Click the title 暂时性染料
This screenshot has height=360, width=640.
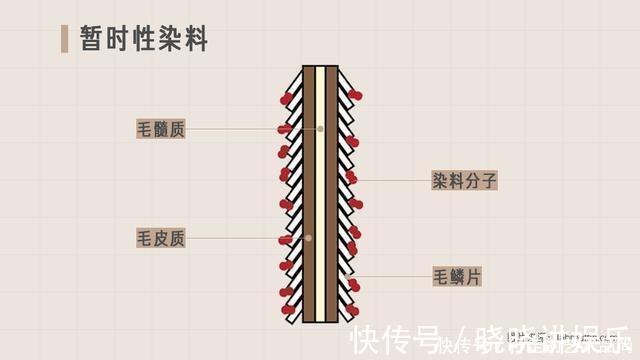[139, 39]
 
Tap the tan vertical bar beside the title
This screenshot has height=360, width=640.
[65, 39]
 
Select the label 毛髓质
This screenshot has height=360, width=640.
[161, 129]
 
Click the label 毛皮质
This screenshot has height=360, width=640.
[161, 238]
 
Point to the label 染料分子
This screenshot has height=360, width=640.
[464, 181]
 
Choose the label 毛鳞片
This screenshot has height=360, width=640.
[457, 276]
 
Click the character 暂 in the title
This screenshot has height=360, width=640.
[93, 39]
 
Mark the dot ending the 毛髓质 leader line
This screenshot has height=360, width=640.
[321, 129]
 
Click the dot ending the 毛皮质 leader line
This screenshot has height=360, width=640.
[309, 238]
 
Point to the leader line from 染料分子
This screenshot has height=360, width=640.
[395, 181]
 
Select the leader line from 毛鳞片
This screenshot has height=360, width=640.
[394, 276]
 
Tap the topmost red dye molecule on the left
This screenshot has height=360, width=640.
[288, 99]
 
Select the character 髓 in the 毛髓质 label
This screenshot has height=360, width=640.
[161, 129]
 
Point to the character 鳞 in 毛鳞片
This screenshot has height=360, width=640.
[457, 276]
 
